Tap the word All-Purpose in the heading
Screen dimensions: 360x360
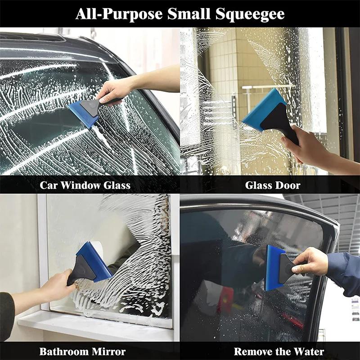119,14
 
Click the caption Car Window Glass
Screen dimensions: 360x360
85,185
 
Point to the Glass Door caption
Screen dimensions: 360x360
273,185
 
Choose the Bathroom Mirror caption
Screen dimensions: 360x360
82,351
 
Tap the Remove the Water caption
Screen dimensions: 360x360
279,351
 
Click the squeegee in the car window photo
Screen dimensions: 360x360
88,110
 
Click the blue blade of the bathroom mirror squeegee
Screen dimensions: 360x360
94,261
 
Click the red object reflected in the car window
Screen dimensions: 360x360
225,299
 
